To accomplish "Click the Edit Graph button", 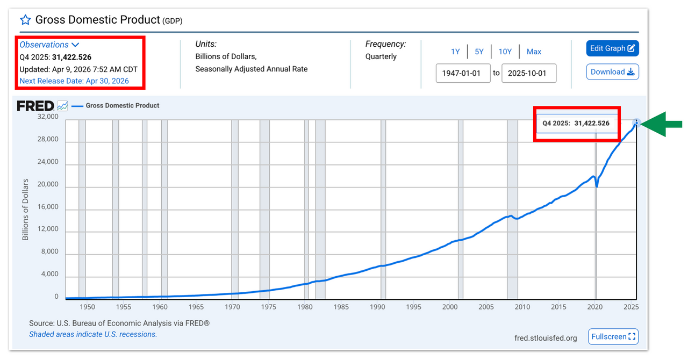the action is (612, 48).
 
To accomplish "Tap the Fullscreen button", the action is (613, 337).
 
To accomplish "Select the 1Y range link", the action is (455, 52).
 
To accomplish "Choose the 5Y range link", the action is (479, 52).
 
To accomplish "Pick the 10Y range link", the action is (505, 52).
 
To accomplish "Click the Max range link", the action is (534, 52).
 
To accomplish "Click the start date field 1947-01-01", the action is (463, 73).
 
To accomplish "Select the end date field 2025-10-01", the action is (528, 73).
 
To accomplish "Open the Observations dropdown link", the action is (49, 45).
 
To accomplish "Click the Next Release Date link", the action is (74, 81).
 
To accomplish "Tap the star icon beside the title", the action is (25, 20).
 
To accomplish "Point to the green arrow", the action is (661, 124).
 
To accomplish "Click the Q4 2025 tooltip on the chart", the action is (577, 124).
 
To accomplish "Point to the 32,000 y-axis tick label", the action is (48, 117).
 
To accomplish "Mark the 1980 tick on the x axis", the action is (305, 307).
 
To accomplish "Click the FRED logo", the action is (35, 106).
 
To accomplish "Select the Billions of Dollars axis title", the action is (25, 210).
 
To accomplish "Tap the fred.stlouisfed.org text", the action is (546, 338).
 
